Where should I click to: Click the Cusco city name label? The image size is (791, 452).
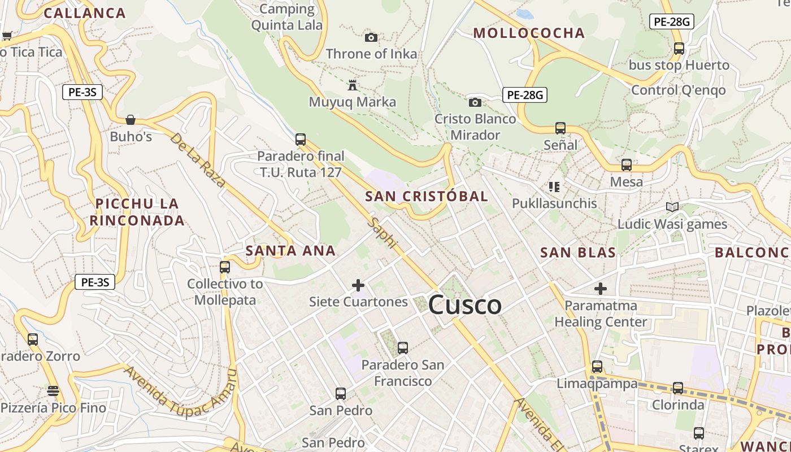pyautogui.click(x=464, y=305)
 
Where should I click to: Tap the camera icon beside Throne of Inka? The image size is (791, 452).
pyautogui.click(x=371, y=37)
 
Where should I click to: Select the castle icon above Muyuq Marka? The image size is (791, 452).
pyautogui.click(x=353, y=85)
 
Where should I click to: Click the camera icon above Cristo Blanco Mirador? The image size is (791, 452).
pyautogui.click(x=475, y=102)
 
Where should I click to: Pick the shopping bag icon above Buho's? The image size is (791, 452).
pyautogui.click(x=131, y=119)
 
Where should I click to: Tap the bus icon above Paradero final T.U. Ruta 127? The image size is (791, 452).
pyautogui.click(x=301, y=139)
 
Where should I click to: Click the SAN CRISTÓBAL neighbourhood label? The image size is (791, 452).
pyautogui.click(x=426, y=197)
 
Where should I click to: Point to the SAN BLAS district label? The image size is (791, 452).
pyautogui.click(x=577, y=253)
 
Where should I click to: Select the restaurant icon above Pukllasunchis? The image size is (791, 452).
pyautogui.click(x=554, y=186)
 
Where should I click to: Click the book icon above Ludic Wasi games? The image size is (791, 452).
pyautogui.click(x=672, y=207)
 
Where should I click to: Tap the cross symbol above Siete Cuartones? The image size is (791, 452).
pyautogui.click(x=358, y=285)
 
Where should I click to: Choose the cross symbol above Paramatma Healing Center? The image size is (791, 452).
pyautogui.click(x=601, y=289)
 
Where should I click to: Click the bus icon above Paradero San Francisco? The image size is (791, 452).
pyautogui.click(x=402, y=348)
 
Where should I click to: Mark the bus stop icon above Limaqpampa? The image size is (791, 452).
pyautogui.click(x=597, y=367)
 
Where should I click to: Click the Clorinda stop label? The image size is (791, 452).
pyautogui.click(x=678, y=405)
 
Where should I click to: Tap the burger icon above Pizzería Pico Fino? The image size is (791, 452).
pyautogui.click(x=53, y=391)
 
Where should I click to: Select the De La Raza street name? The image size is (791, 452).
pyautogui.click(x=198, y=160)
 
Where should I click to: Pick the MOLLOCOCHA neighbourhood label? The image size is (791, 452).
pyautogui.click(x=528, y=33)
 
